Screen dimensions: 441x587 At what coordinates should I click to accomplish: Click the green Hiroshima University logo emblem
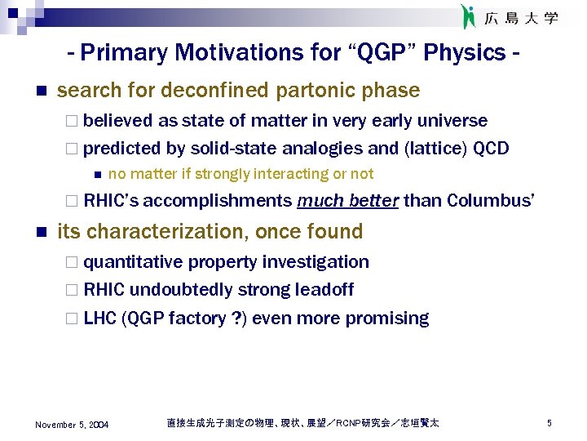coord(468,16)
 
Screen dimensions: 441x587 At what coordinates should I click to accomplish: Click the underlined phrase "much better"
coord(348,201)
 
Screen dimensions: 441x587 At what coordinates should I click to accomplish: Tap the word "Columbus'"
coord(491,201)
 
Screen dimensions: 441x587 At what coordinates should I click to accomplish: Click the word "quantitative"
coord(134,262)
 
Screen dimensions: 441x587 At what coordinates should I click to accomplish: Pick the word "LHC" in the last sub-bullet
coord(99,318)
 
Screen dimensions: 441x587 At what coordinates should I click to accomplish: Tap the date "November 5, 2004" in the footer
coord(72,425)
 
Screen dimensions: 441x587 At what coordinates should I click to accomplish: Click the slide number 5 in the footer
coord(549,423)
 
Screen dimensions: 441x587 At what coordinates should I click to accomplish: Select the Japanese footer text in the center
coord(302,423)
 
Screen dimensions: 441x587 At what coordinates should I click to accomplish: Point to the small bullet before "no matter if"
coord(95,174)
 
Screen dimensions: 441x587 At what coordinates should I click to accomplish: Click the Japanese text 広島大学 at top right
coord(522,17)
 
